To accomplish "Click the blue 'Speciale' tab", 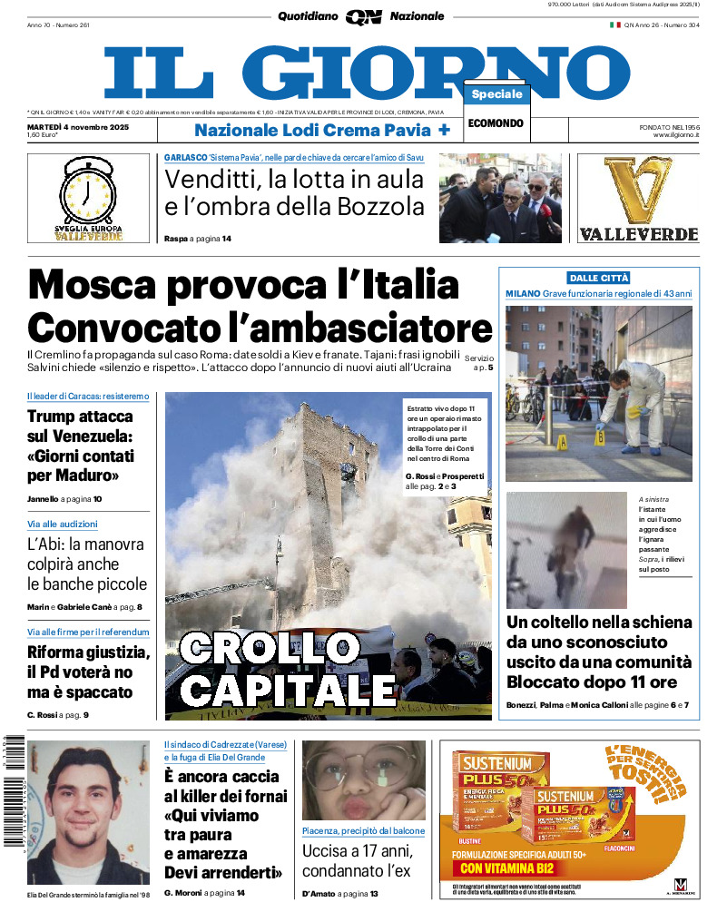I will click(x=496, y=94).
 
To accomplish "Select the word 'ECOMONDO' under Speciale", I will click(x=496, y=123).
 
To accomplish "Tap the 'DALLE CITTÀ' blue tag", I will click(x=599, y=278).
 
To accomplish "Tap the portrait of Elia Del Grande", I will click(x=89, y=811).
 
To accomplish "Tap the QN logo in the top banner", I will click(x=363, y=16).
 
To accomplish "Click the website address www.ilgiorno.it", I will click(x=675, y=135).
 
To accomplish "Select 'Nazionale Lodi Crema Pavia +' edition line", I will click(x=322, y=130).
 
